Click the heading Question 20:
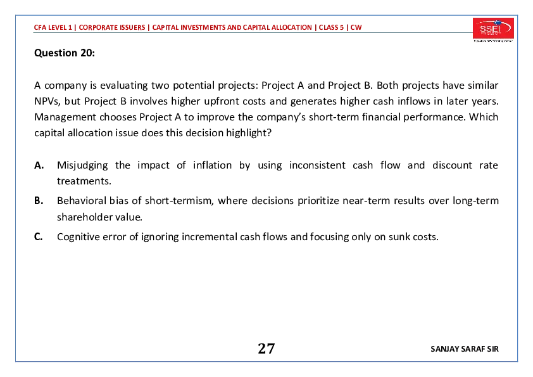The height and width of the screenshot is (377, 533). pos(65,53)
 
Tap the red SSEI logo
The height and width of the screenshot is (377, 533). pos(493,29)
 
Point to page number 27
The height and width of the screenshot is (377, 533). pos(266,348)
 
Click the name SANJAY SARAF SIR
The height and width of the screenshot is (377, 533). pos(465,349)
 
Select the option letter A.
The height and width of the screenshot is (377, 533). pos(39,165)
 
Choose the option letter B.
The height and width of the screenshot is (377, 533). pos(39,201)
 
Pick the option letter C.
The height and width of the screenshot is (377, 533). pos(39,236)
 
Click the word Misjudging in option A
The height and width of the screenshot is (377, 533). pos(82,166)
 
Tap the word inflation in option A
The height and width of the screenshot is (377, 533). pos(213,165)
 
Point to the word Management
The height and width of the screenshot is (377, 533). pos(65,117)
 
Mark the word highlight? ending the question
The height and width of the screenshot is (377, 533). pos(249,133)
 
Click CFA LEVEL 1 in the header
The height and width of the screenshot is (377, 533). pos(53,27)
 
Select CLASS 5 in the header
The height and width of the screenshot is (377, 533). pos(331,27)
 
